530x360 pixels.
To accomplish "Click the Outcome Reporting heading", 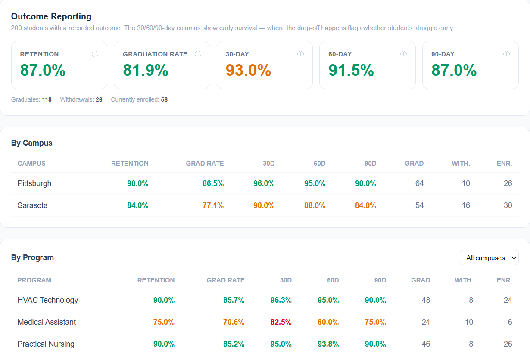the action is click(51, 16).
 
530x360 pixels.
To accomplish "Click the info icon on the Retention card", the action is click(95, 54).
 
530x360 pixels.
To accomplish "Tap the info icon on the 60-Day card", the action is click(403, 54).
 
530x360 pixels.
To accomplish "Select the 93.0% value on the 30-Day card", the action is click(248, 71).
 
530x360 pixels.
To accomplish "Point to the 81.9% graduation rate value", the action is click(146, 71).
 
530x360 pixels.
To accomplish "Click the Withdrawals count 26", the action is click(99, 99).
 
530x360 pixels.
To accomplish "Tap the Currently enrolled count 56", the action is click(164, 99).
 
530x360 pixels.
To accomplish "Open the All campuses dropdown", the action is click(489, 258).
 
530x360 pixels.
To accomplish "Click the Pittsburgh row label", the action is click(34, 183).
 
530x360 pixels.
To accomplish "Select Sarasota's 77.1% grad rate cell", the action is click(213, 205).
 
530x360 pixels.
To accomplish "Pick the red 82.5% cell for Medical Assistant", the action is click(281, 322).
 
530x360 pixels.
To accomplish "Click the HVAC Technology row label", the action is click(48, 300).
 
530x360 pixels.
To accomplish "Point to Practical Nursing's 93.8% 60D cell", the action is click(328, 344).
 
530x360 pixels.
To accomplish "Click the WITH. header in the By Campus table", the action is click(461, 164).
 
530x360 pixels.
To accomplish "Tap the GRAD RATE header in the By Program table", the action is click(225, 280).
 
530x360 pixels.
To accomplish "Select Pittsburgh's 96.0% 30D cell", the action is click(264, 183).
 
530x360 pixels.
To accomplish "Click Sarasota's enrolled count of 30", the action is click(508, 205).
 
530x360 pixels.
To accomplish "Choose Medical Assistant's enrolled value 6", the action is click(510, 322).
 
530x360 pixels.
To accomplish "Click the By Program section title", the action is click(32, 258).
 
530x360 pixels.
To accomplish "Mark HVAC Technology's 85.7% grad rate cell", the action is click(234, 300).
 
